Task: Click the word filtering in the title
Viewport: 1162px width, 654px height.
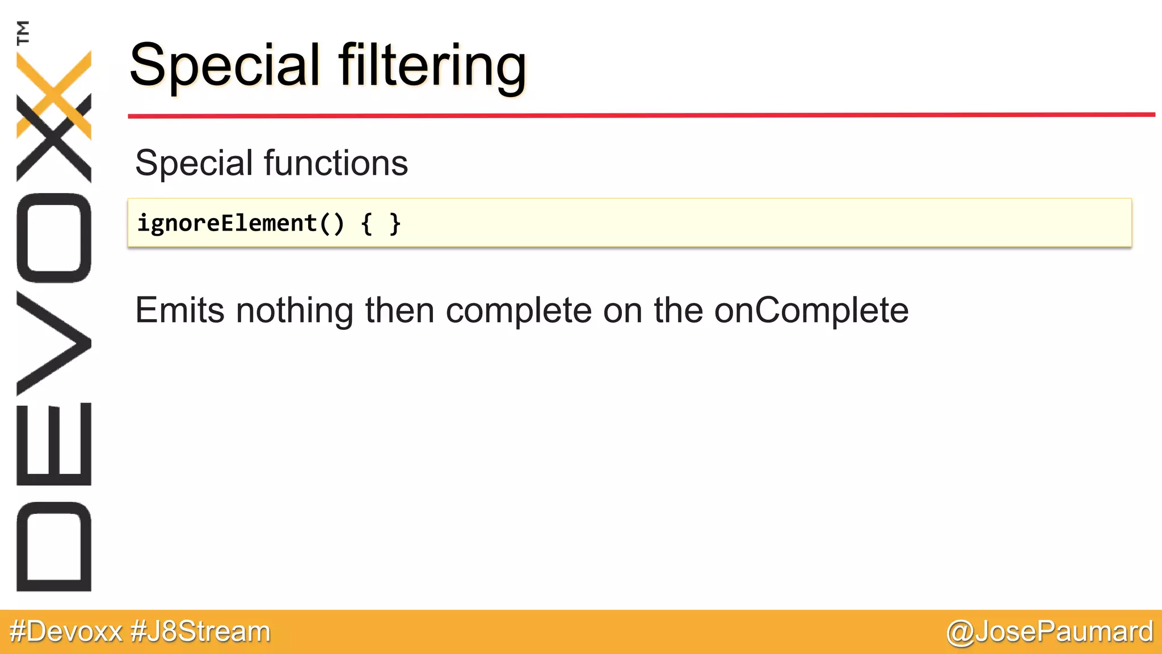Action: pyautogui.click(x=432, y=66)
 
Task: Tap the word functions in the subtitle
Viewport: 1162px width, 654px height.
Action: pyautogui.click(x=336, y=163)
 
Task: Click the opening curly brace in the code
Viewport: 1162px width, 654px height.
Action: pyautogui.click(x=367, y=224)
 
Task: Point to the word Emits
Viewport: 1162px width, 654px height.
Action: pyautogui.click(x=179, y=311)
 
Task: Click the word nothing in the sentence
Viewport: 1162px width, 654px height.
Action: pyautogui.click(x=294, y=311)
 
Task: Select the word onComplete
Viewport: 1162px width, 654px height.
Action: pyautogui.click(x=811, y=311)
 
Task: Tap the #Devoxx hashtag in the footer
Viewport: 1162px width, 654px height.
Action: pyautogui.click(x=66, y=632)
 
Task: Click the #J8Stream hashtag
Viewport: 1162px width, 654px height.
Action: pyautogui.click(x=200, y=632)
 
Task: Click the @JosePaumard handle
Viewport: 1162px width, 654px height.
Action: pyautogui.click(x=1050, y=632)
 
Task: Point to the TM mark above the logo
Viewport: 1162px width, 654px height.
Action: pyautogui.click(x=23, y=32)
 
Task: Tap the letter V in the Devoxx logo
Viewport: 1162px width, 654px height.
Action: pyautogui.click(x=54, y=343)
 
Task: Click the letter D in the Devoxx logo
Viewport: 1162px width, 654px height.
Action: pyautogui.click(x=54, y=546)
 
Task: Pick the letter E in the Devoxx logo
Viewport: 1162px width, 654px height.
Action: pyautogui.click(x=54, y=444)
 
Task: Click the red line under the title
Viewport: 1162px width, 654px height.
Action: pyautogui.click(x=641, y=115)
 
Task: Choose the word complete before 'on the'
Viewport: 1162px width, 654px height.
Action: pyautogui.click(x=519, y=311)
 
